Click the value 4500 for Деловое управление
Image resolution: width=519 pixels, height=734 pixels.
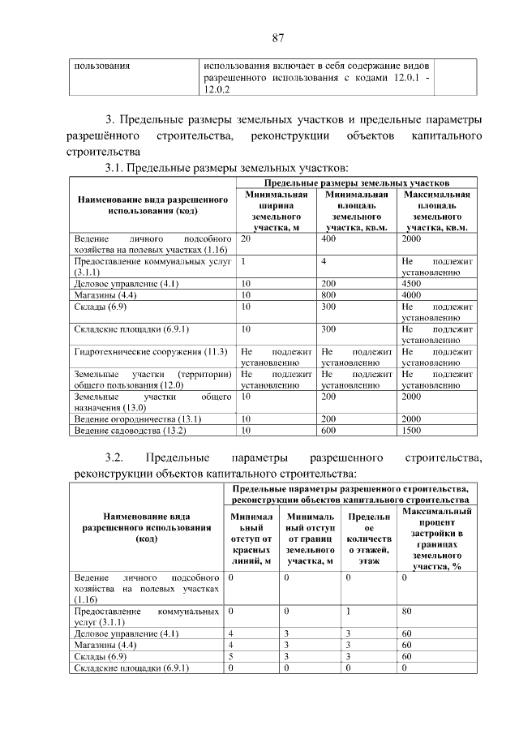[412, 284]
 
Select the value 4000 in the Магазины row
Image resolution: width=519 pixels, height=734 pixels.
[412, 295]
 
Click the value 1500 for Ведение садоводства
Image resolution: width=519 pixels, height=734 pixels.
[412, 430]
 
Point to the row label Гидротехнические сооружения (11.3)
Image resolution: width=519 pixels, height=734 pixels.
[154, 351]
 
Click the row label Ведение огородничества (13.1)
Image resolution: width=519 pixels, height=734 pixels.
[132, 419]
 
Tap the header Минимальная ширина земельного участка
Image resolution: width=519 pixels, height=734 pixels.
[277, 212]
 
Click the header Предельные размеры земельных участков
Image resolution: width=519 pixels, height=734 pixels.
[356, 184]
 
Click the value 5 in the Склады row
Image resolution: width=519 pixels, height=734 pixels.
[231, 655]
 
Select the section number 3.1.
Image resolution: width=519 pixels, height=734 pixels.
[114, 168]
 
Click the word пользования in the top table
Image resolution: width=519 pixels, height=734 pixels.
[103, 64]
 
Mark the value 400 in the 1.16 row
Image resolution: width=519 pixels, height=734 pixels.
[328, 240]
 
